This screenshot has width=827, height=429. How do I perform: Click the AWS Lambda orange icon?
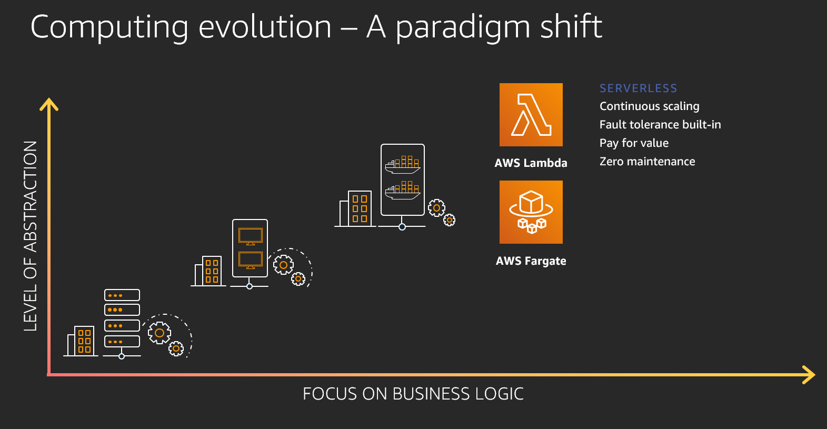coord(531,114)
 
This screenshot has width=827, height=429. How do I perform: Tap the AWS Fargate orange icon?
coord(531,212)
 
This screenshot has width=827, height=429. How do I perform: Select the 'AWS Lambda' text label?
coord(531,163)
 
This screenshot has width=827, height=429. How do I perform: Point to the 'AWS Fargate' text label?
coord(531,261)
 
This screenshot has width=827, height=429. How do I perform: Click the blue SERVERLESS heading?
coord(639,88)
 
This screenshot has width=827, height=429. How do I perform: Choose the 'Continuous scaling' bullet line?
coord(650,106)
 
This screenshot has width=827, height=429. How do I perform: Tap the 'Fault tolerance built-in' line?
coord(660,124)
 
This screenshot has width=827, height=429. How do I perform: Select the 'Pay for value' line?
coord(634,143)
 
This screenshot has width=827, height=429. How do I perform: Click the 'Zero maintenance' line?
coord(647,162)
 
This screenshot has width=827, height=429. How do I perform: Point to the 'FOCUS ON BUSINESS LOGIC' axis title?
coord(413,394)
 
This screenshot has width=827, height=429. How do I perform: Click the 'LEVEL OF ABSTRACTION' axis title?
coord(31,236)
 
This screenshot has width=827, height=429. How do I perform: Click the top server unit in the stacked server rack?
coord(122,295)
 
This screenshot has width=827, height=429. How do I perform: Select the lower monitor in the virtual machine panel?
coord(251,260)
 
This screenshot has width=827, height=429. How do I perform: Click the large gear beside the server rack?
coord(160,333)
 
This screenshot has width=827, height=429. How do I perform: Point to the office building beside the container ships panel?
coord(355,208)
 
